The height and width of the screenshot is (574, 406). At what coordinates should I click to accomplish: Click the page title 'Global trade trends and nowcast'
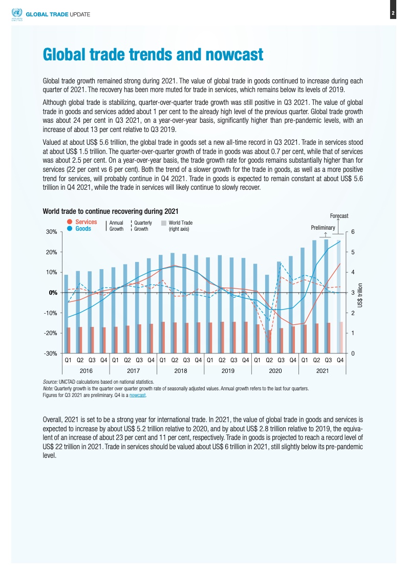click(x=153, y=54)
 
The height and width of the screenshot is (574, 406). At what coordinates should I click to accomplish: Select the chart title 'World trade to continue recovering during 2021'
click(x=110, y=211)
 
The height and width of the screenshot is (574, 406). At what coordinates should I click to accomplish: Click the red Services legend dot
click(x=70, y=222)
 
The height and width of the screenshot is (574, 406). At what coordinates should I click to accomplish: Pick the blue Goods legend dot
click(x=70, y=229)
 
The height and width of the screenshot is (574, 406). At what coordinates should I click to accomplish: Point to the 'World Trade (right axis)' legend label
click(x=180, y=226)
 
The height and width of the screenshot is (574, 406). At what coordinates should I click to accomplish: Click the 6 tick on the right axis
click(x=352, y=232)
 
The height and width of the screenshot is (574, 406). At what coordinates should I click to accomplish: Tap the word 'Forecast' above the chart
click(x=339, y=216)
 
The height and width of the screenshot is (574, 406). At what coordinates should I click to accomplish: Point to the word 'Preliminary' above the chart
click(x=323, y=227)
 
